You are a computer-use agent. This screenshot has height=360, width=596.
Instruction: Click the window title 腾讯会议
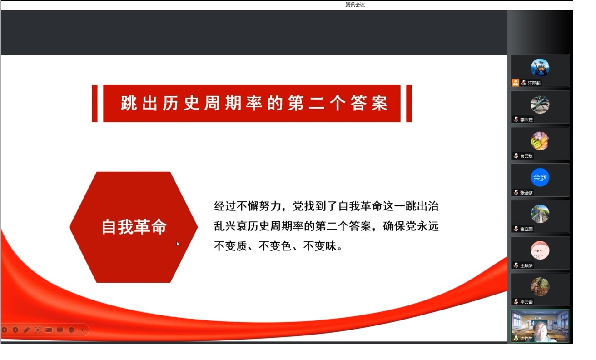355,5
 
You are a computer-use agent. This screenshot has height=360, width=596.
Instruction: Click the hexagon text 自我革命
134,227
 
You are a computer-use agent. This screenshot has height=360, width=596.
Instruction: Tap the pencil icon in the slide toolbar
27,330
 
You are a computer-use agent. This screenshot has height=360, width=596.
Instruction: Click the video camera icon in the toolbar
49,330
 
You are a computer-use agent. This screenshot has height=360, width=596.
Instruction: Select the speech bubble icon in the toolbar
60,330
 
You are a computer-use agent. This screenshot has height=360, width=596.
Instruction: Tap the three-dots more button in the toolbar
71,330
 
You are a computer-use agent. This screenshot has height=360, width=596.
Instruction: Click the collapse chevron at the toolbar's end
83,330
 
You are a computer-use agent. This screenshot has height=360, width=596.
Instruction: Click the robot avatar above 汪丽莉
540,68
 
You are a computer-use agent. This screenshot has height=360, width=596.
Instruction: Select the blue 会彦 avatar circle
540,177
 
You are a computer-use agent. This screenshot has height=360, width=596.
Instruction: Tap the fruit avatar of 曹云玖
540,141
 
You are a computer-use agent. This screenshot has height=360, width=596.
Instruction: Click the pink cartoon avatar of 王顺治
540,250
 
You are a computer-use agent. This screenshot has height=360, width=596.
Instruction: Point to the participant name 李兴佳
526,120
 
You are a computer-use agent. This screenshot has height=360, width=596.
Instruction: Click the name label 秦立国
526,229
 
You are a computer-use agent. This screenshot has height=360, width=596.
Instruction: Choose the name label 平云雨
526,302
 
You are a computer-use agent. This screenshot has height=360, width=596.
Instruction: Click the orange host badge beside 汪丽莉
516,83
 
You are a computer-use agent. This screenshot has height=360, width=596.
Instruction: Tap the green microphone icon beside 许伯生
516,338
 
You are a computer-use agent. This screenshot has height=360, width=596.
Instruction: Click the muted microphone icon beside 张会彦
516,192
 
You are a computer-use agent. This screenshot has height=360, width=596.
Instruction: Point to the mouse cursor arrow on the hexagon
178,244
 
